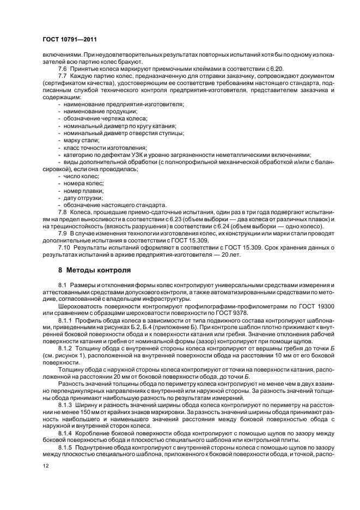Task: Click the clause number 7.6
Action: [62, 69]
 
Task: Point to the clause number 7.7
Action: [62, 76]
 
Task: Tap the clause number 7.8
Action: [62, 211]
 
